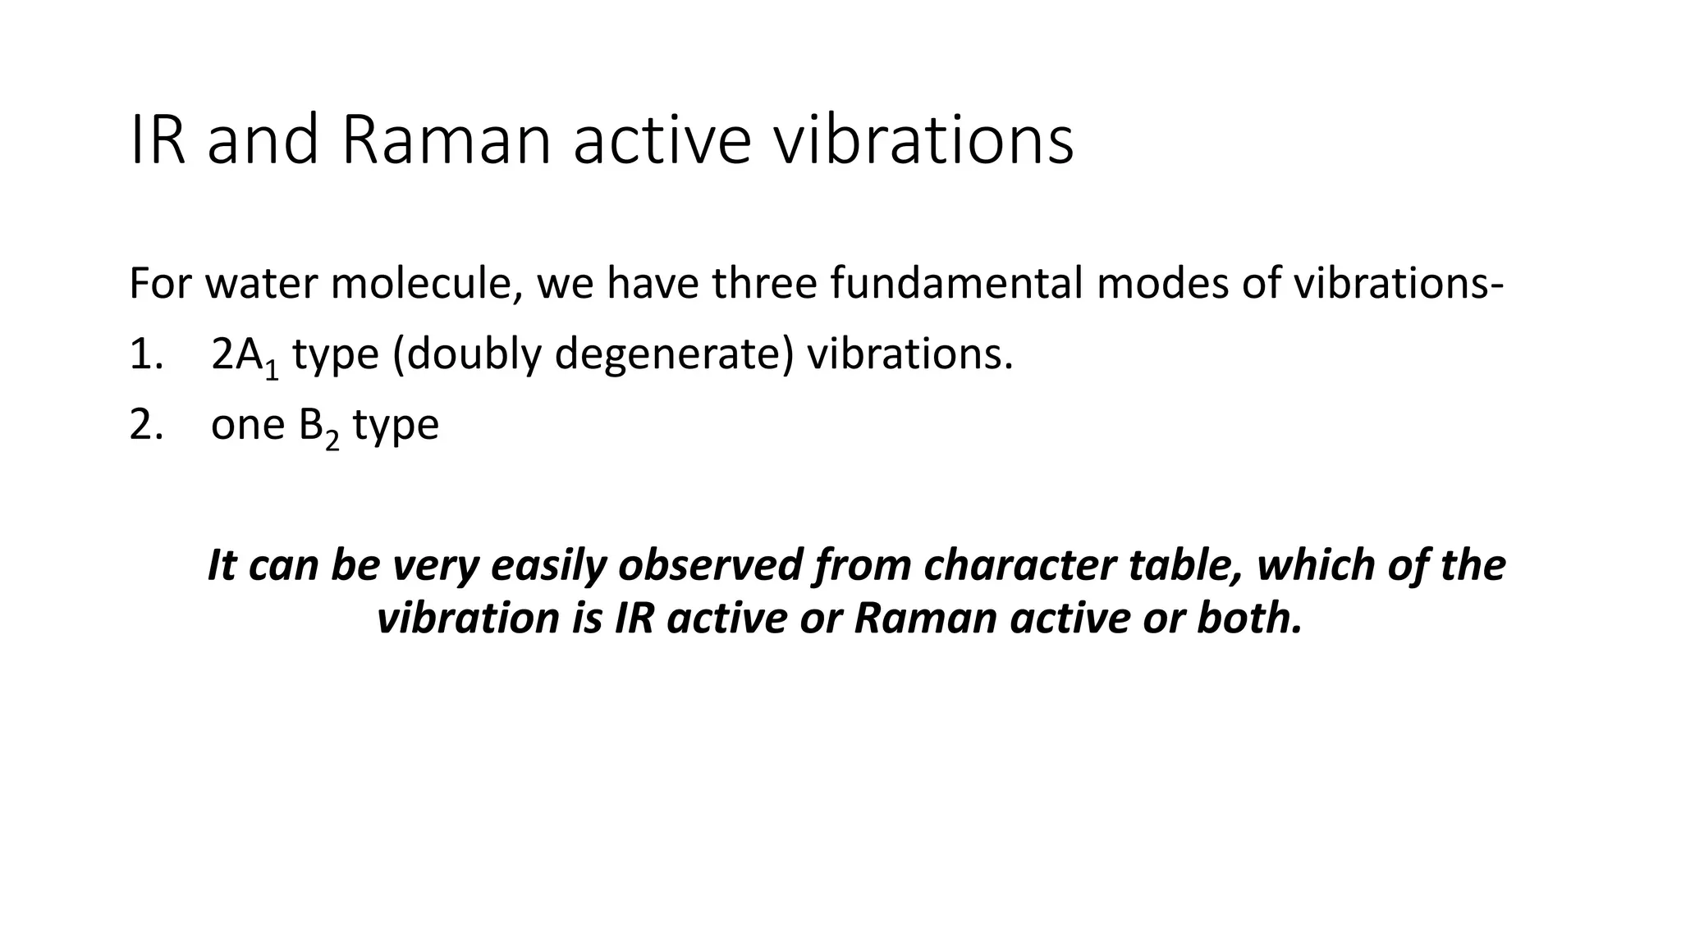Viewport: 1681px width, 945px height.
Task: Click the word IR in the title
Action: coord(157,141)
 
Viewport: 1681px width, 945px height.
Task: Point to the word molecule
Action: coord(426,284)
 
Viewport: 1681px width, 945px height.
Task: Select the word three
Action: coord(764,284)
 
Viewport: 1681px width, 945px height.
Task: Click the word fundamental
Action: coord(957,284)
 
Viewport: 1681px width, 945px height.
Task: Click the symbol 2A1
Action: coord(245,358)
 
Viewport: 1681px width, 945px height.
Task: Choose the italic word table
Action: coord(1184,566)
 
